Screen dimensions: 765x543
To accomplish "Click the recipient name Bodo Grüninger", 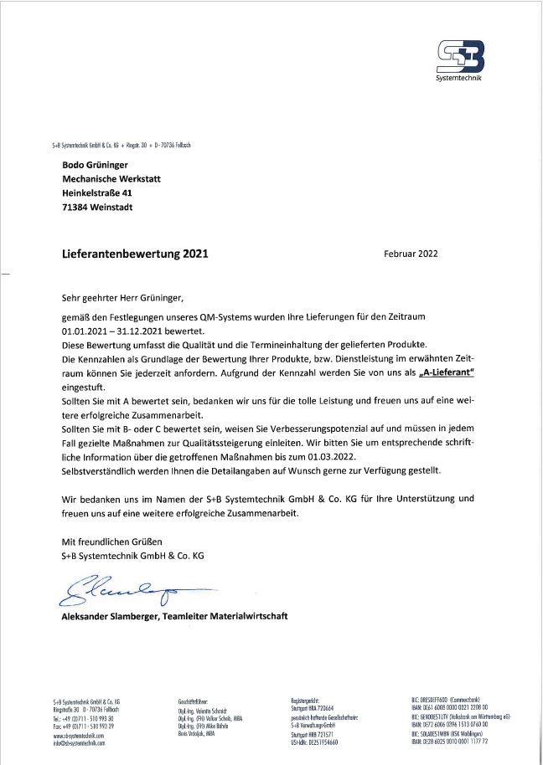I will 96,165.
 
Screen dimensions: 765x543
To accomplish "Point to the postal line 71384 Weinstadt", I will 97,208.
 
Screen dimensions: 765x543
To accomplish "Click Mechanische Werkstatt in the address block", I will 111,179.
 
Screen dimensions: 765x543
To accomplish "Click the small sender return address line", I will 121,144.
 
